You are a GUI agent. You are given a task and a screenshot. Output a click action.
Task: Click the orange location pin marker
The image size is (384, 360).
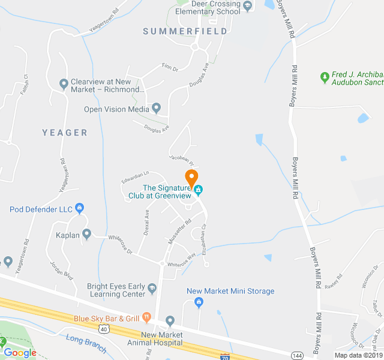[x=191, y=178]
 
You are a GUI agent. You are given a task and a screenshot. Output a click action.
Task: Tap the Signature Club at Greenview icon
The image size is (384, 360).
[x=199, y=191]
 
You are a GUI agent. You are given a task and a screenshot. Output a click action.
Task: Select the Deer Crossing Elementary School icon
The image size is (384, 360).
[x=247, y=5]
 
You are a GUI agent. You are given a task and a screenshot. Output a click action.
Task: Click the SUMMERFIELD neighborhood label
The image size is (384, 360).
[x=185, y=31]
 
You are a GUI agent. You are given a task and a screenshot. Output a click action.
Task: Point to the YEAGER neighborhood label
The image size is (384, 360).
[x=65, y=133]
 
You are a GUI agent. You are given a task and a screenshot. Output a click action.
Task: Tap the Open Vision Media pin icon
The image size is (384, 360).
[x=157, y=108]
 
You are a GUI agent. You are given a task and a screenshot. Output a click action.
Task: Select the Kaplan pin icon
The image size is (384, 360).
[x=87, y=234]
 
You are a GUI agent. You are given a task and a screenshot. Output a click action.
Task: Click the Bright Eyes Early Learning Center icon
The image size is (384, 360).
[x=152, y=289]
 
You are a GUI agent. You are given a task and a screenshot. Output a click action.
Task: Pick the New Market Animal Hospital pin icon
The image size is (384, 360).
[x=170, y=322]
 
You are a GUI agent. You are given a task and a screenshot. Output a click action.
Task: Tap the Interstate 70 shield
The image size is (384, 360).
[x=224, y=357]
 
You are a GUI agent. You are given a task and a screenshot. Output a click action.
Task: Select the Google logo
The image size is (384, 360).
[x=20, y=352]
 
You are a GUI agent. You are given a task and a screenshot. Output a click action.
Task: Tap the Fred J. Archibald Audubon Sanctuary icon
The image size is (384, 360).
[x=325, y=76]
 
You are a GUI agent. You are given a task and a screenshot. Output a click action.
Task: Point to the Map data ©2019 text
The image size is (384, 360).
[x=358, y=355]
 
